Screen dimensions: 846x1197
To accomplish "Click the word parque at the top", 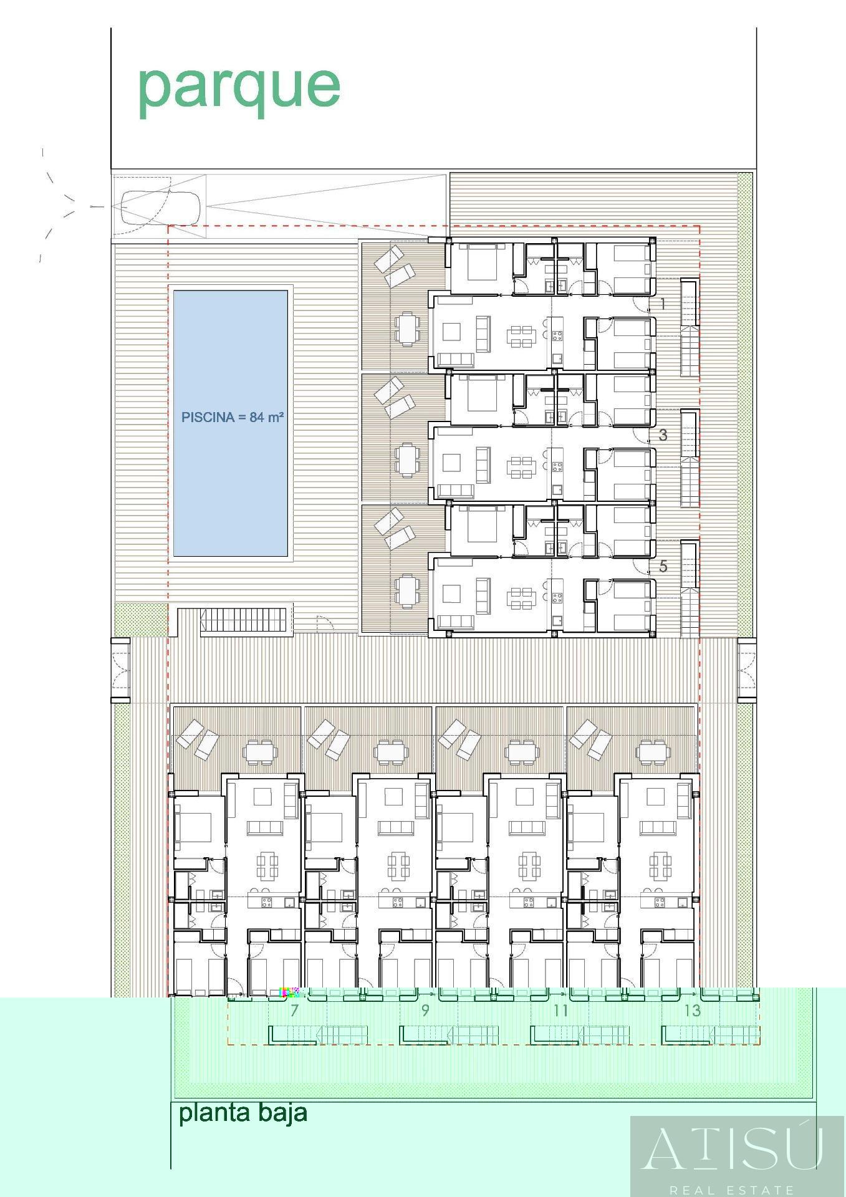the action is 239,87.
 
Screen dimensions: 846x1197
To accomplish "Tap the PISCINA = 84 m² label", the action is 233,418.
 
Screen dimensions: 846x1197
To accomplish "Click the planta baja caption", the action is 243,1112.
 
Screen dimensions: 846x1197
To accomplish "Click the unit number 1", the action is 662,304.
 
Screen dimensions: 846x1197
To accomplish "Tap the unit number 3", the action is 663,435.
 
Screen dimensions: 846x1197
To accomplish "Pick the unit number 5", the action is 663,566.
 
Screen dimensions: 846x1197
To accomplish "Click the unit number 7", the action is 294,1010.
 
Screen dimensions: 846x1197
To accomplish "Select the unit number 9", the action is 425,1010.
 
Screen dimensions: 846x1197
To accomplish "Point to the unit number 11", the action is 560,1010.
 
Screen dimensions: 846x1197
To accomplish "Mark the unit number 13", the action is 692,1010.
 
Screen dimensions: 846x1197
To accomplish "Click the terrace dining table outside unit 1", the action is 406,328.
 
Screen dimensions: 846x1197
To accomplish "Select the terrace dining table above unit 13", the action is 652,752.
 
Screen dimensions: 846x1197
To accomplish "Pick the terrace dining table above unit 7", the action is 259,752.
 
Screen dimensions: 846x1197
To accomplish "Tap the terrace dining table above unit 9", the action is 391,752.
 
